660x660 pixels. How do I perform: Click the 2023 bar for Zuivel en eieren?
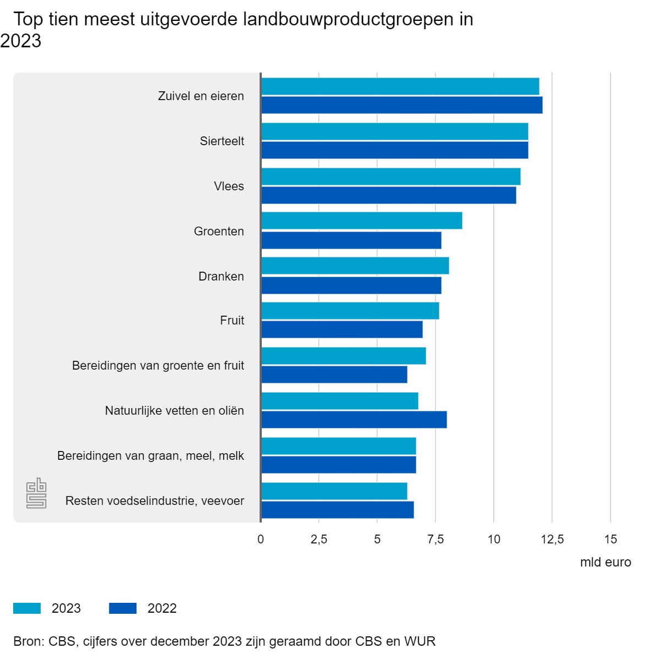point(400,86)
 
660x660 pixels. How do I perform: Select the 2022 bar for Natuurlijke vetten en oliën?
point(354,420)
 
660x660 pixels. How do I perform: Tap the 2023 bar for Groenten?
point(361,221)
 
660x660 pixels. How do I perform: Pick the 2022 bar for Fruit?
point(342,329)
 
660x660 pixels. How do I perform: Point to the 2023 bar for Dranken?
point(355,266)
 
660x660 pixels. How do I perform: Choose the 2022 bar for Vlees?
point(388,195)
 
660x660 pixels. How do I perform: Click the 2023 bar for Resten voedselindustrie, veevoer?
point(334,491)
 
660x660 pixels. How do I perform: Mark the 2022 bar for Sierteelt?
point(394,150)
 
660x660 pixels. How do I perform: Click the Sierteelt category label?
point(222,141)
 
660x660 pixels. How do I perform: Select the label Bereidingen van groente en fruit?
point(158,366)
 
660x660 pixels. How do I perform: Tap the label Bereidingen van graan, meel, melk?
point(150,456)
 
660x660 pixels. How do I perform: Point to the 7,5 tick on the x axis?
point(436,540)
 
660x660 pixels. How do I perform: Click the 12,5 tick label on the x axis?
point(552,540)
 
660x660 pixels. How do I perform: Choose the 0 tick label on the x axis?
point(261,540)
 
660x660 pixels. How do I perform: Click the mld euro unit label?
point(605,563)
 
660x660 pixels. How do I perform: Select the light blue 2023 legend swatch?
point(27,608)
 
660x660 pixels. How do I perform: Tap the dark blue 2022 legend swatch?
point(123,608)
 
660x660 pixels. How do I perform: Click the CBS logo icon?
point(36,493)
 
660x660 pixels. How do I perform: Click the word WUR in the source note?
point(420,641)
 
